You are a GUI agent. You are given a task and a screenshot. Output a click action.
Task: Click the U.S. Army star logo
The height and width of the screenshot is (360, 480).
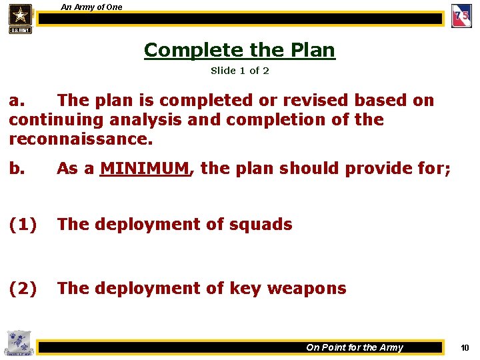(x=21, y=17)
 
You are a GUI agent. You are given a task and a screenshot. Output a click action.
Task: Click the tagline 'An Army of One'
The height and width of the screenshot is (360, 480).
(x=91, y=7)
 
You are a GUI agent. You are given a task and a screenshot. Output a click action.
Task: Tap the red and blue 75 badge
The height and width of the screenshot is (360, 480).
(x=461, y=16)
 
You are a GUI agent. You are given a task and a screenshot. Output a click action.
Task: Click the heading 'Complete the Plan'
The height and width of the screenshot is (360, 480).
(x=239, y=50)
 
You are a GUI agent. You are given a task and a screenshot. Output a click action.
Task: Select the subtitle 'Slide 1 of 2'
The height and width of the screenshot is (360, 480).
(x=239, y=70)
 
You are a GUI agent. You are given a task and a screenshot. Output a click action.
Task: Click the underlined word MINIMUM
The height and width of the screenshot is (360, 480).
(x=145, y=169)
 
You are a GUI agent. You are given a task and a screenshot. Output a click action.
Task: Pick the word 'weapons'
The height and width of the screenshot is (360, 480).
(x=307, y=289)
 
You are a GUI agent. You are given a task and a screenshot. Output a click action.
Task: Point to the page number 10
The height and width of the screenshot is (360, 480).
(x=465, y=347)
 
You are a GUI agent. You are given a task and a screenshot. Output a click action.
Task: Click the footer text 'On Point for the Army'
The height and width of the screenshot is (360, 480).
(x=354, y=347)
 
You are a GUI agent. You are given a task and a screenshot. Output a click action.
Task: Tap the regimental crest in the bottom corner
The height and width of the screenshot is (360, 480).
(x=17, y=342)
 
